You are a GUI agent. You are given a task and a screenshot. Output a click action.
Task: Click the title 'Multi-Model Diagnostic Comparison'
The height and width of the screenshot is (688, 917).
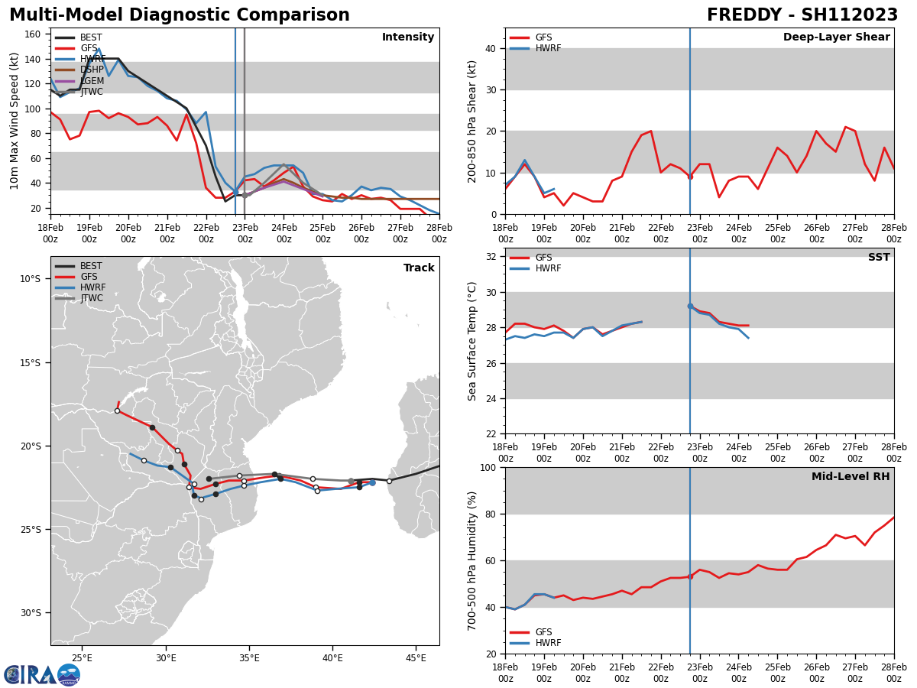pyautogui.click(x=180, y=15)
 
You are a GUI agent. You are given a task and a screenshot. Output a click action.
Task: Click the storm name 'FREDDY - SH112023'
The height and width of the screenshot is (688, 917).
pyautogui.click(x=802, y=15)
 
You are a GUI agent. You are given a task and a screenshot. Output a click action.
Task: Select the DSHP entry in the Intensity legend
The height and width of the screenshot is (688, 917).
pyautogui.click(x=91, y=70)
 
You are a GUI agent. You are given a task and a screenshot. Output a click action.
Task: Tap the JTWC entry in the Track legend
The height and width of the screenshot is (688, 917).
pyautogui.click(x=91, y=298)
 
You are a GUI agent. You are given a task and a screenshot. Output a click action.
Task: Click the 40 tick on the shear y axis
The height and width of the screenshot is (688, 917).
pyautogui.click(x=489, y=48)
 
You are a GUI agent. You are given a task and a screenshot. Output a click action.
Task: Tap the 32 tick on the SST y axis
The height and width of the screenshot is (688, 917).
pyautogui.click(x=489, y=257)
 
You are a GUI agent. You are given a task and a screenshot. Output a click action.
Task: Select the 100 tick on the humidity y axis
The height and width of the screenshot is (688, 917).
pyautogui.click(x=486, y=467)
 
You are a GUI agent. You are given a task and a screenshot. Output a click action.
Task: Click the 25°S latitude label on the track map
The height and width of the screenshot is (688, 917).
pyautogui.click(x=30, y=529)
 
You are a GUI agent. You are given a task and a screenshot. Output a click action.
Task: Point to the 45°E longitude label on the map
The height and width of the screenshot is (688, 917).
pyautogui.click(x=416, y=657)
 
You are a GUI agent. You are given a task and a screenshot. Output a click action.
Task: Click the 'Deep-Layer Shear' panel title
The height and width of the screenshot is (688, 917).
pyautogui.click(x=836, y=37)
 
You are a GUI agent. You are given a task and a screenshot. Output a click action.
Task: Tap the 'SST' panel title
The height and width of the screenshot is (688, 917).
pyautogui.click(x=879, y=258)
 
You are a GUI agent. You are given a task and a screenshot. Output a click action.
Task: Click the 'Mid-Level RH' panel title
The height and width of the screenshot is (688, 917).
pyautogui.click(x=851, y=477)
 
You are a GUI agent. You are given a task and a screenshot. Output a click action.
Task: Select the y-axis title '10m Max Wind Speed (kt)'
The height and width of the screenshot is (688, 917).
pyautogui.click(x=15, y=121)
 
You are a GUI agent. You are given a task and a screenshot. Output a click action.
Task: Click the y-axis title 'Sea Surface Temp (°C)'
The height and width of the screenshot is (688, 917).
pyautogui.click(x=472, y=341)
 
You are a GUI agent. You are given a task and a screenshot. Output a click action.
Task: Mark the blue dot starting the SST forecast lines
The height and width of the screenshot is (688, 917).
pyautogui.click(x=690, y=306)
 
